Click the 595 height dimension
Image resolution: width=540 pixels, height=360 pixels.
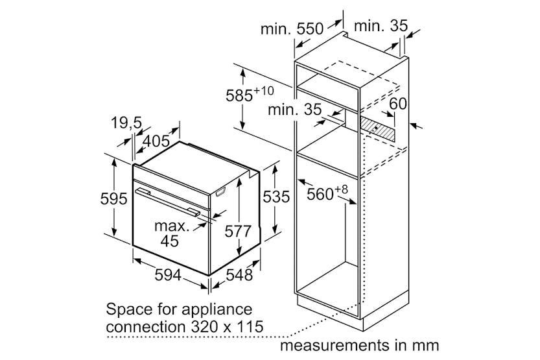[113, 198]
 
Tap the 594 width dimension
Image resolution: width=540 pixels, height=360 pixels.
[168, 274]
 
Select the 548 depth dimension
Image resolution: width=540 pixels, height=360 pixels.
[240, 274]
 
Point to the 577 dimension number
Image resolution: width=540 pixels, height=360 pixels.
[238, 231]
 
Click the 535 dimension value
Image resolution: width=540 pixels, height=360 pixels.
[276, 197]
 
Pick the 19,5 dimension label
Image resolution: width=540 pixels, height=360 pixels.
[126, 123]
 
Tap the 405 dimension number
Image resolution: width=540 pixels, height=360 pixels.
[156, 141]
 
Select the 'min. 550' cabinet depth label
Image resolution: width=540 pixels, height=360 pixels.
[292, 29]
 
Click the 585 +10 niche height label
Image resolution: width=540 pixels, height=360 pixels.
[250, 95]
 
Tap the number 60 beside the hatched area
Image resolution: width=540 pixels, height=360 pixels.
[398, 103]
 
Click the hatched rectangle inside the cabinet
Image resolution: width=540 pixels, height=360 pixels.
[377, 128]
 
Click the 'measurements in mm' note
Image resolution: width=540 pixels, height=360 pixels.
[360, 345]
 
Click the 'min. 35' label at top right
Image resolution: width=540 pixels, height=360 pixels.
[381, 26]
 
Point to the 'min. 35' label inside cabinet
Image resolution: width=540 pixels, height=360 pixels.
[294, 110]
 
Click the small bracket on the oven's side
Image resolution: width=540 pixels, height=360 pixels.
[221, 191]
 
